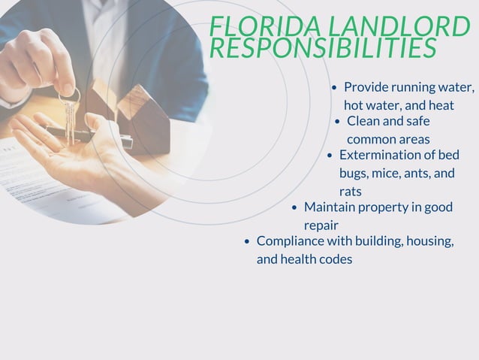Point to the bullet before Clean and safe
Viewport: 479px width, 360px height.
[338, 121]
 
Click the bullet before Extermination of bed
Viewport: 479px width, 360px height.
[330, 156]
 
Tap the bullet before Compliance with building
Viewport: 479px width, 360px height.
[248, 242]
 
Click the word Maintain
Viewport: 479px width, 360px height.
[329, 207]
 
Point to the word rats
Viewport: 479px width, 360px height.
[350, 192]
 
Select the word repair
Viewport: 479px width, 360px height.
[321, 225]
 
